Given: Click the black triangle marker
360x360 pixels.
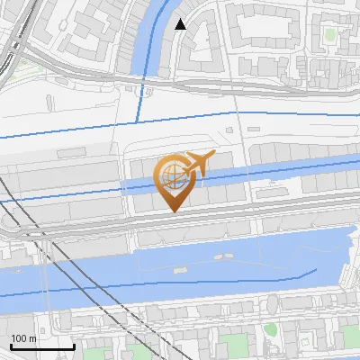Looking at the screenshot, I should (x=181, y=24).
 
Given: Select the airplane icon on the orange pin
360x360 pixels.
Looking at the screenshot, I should (x=199, y=163).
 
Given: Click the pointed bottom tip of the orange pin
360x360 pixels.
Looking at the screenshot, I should (x=173, y=211).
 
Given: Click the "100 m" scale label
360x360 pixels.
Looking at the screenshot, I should (x=24, y=337).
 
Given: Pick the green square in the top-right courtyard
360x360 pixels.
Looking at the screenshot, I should (x=330, y=34).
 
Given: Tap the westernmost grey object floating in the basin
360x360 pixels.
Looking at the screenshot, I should (x=174, y=269).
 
